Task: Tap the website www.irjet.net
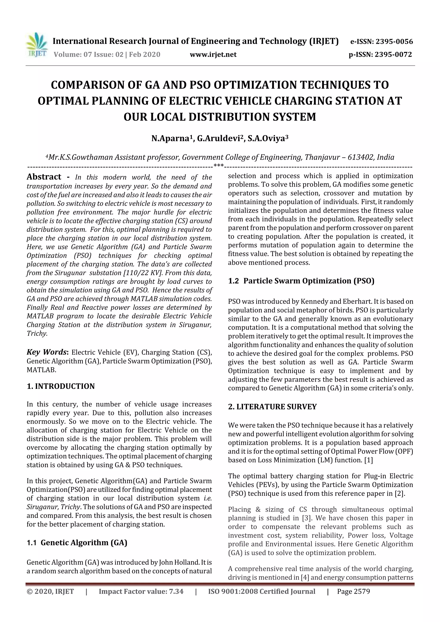click(213, 55)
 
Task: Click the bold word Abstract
click(44, 177)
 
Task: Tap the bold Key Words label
click(47, 352)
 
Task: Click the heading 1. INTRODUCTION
click(61, 386)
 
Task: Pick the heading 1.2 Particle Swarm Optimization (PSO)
click(301, 281)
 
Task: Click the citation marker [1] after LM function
click(368, 460)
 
